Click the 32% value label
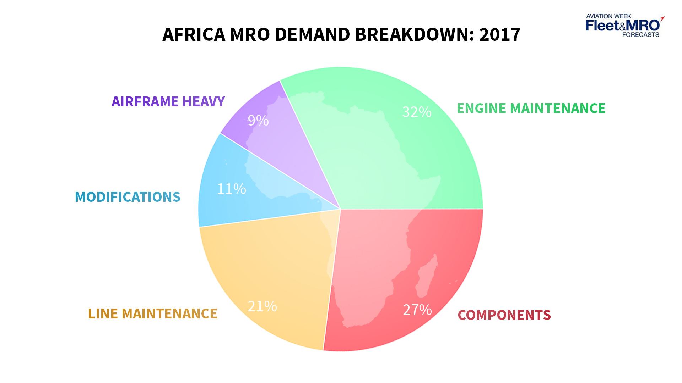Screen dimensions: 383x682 coord(417,112)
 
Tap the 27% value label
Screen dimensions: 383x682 coord(417,310)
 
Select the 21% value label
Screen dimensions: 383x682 coord(262,306)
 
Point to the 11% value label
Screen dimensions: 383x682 coord(231,189)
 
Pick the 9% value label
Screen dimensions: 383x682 coord(258,121)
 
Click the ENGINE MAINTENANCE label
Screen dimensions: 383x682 coord(531,108)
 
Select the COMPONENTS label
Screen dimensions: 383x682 coord(504,315)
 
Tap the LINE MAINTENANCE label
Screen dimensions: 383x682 coord(152,313)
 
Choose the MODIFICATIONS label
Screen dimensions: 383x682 coord(128,197)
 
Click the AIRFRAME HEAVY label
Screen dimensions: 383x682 coord(168,101)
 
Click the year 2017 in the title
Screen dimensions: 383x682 coord(499,34)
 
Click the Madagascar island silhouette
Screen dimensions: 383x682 coord(427,277)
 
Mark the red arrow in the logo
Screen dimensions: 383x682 coord(661,18)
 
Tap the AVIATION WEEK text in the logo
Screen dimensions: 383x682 coord(608,16)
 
